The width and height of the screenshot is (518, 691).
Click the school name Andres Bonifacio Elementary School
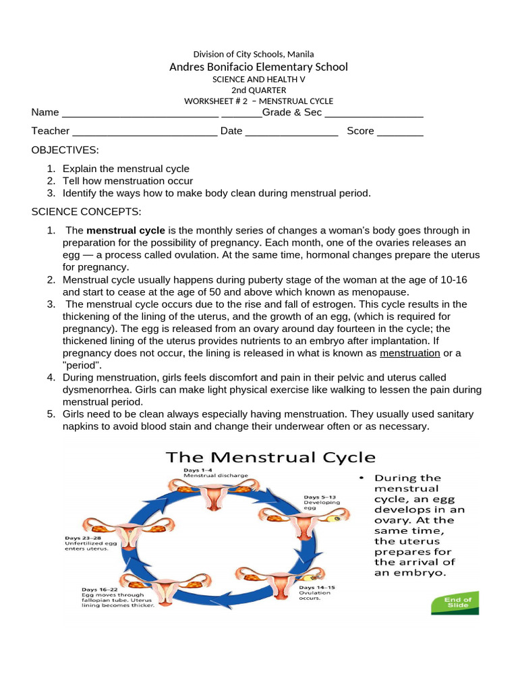[x=258, y=67]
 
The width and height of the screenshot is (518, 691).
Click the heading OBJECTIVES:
[x=65, y=150]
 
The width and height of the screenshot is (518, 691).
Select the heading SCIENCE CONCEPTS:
[x=86, y=212]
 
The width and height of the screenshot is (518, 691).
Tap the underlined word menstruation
[x=410, y=353]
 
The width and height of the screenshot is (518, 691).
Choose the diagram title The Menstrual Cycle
[x=271, y=458]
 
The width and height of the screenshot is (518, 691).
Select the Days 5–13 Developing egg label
[x=322, y=503]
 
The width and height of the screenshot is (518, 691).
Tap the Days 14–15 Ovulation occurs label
[x=316, y=592]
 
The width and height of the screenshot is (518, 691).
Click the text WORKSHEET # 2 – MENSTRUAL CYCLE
[x=258, y=101]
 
